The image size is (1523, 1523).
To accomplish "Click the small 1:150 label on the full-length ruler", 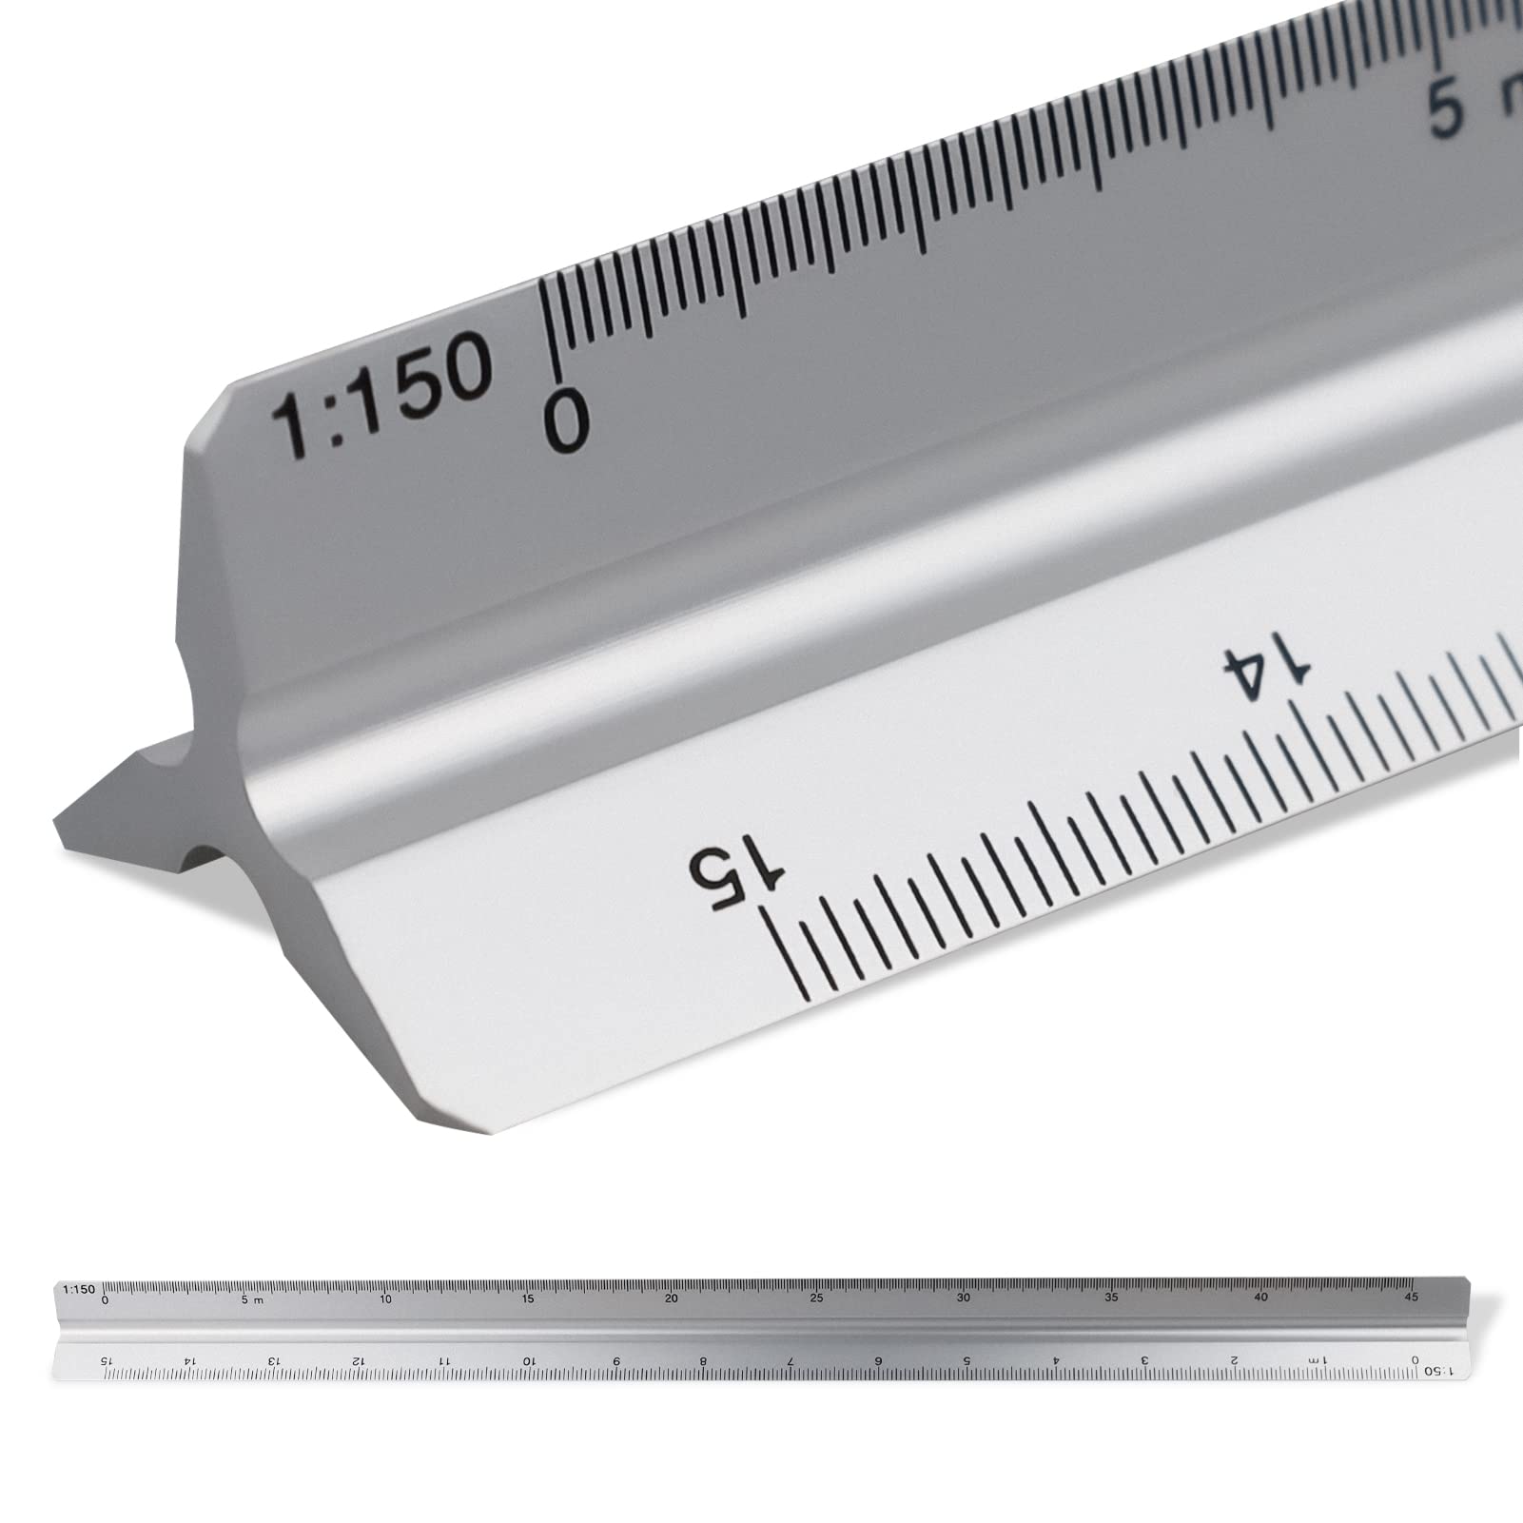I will (78, 1290).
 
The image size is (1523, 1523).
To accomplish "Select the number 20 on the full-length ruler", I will (672, 1298).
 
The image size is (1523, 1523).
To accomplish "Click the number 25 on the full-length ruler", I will (816, 1298).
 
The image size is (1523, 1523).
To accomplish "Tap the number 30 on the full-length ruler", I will (964, 1298).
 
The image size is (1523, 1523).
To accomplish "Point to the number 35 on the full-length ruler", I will (1111, 1298).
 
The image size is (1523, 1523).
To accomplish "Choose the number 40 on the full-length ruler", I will (1260, 1298).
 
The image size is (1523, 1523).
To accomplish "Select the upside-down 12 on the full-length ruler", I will (358, 1360).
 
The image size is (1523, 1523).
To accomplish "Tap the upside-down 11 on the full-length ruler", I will (443, 1360).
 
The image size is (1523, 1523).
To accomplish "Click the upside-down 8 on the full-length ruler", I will (702, 1361).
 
